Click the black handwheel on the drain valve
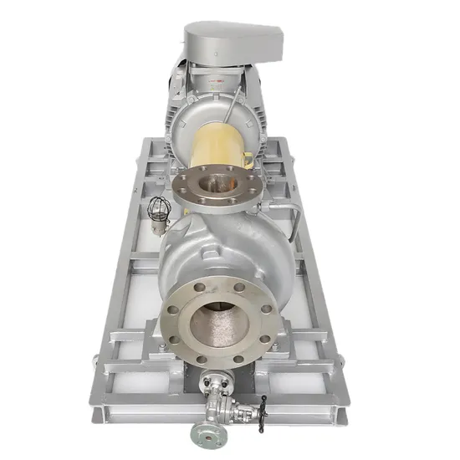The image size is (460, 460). click(263, 406)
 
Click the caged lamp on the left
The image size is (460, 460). click(159, 209)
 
